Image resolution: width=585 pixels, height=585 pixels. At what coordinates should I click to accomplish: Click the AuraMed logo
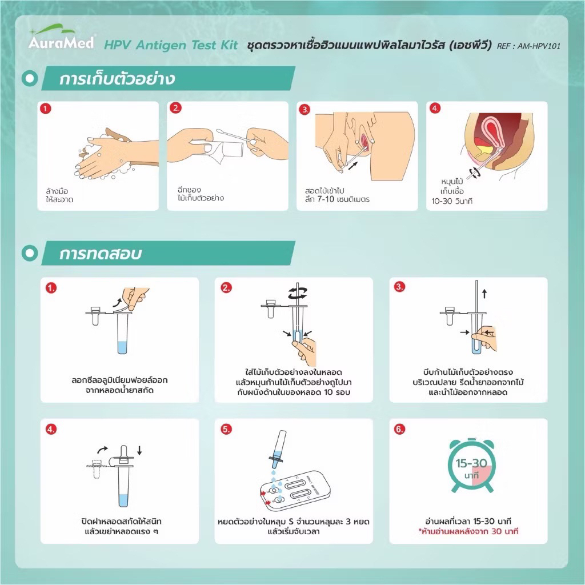[x=62, y=37]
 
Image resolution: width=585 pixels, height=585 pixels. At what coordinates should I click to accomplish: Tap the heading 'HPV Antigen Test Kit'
[x=171, y=45]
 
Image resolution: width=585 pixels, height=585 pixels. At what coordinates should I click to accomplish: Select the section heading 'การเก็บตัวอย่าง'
[x=117, y=79]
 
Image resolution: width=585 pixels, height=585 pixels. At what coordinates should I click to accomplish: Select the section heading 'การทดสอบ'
[x=101, y=254]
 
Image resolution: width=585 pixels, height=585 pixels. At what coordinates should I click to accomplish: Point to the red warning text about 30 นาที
[x=468, y=531]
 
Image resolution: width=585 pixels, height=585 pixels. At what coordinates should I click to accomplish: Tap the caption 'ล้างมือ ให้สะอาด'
[x=59, y=195]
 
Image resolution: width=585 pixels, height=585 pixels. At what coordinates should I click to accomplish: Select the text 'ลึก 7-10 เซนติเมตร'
[x=337, y=199]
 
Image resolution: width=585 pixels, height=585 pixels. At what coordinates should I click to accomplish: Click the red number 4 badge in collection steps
[x=435, y=109]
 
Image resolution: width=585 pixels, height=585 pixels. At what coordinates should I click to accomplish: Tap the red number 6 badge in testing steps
[x=399, y=429]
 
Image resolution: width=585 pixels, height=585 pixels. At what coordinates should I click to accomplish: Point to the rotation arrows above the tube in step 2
[x=297, y=292]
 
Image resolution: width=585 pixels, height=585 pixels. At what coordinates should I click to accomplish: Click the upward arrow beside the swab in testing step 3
[x=484, y=294]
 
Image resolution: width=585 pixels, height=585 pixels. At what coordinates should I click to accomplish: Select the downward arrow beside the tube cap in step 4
[x=139, y=450]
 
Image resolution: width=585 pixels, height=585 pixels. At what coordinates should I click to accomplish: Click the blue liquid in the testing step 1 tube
[x=122, y=347]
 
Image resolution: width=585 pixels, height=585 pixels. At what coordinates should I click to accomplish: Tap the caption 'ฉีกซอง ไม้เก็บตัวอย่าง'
[x=201, y=194]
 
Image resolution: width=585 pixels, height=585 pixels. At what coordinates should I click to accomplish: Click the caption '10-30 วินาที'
[x=452, y=202]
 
